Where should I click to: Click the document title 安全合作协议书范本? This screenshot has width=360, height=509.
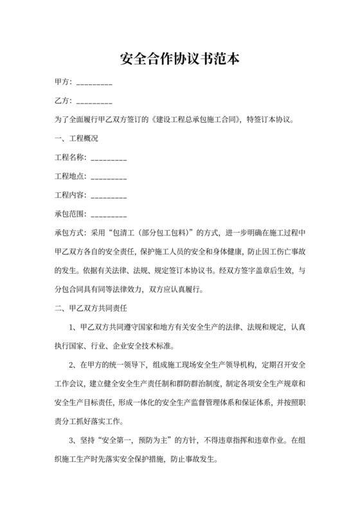[x=180, y=60]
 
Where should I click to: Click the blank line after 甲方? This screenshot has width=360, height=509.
[x=94, y=83]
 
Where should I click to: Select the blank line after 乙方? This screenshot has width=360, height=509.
[x=94, y=102]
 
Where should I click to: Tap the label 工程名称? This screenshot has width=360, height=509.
[x=71, y=157]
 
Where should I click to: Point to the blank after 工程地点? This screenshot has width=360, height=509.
[x=109, y=176]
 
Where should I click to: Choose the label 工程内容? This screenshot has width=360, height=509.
[x=71, y=195]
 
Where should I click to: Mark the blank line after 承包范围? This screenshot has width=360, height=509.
[x=109, y=213]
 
